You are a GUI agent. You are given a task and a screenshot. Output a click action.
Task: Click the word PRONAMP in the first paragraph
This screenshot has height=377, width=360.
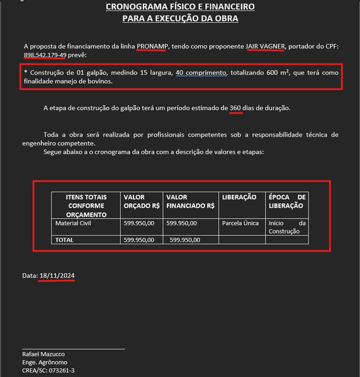point(153,46)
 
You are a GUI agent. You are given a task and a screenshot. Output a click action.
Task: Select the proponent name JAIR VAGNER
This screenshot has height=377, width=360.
point(265,46)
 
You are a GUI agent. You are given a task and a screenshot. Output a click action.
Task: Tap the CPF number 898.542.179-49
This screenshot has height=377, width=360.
point(45,55)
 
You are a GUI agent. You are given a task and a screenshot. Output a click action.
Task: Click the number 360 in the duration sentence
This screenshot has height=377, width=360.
point(235,108)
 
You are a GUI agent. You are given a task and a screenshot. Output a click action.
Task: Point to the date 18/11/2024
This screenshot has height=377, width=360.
point(57,276)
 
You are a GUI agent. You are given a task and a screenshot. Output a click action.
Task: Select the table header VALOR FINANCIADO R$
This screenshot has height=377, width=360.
point(190,201)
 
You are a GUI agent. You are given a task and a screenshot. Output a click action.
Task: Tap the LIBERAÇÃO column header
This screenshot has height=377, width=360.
point(239,198)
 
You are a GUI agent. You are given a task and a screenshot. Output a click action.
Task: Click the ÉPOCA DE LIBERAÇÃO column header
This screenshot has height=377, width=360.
point(287,201)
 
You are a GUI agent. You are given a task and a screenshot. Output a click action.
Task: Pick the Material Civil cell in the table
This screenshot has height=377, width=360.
point(74,223)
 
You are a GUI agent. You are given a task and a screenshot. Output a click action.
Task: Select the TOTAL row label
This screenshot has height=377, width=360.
point(65,240)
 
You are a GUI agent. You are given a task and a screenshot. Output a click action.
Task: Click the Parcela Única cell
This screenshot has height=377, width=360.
point(240,223)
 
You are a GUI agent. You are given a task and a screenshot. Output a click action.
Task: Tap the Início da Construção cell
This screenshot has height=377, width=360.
point(287,227)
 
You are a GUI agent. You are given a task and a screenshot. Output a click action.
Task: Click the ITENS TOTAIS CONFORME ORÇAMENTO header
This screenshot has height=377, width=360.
point(86,206)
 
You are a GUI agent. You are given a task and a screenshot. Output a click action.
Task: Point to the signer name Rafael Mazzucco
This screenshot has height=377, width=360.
point(43,354)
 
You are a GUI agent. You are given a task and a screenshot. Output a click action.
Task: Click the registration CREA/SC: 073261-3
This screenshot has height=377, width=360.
point(48,370)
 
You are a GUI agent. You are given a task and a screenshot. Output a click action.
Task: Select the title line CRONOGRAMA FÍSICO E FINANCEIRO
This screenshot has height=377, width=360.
point(180,7)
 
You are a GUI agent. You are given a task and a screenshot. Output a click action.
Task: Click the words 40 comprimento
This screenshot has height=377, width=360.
point(203,72)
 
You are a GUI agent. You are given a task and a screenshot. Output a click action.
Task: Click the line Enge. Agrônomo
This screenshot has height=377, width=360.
point(45,362)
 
